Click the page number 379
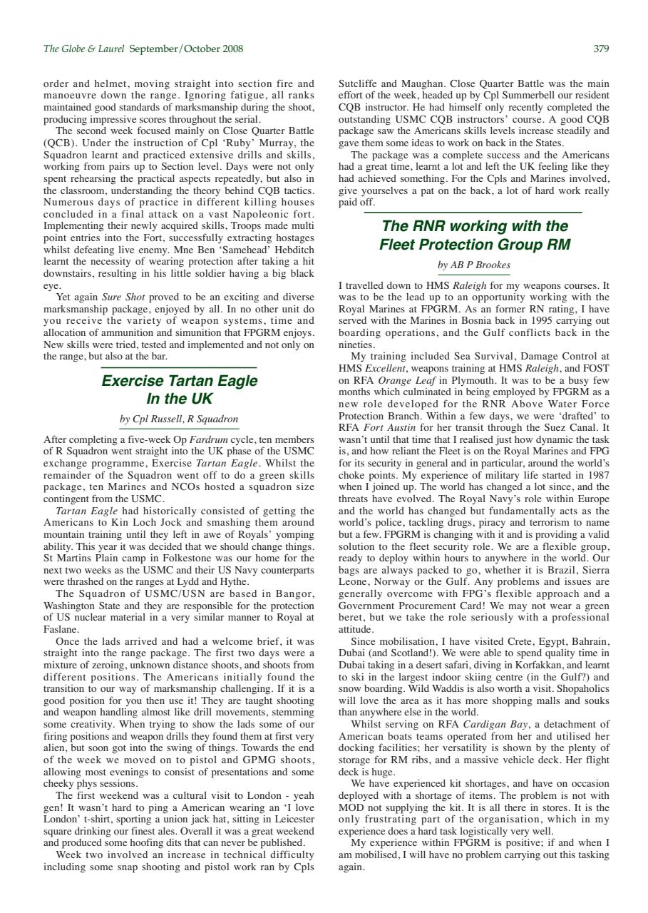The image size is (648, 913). tap(601, 49)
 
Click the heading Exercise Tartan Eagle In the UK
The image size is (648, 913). tap(179, 389)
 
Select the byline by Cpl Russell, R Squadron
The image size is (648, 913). tap(179, 419)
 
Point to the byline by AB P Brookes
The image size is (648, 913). tap(473, 265)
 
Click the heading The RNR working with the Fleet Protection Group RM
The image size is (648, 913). tap(474, 235)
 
